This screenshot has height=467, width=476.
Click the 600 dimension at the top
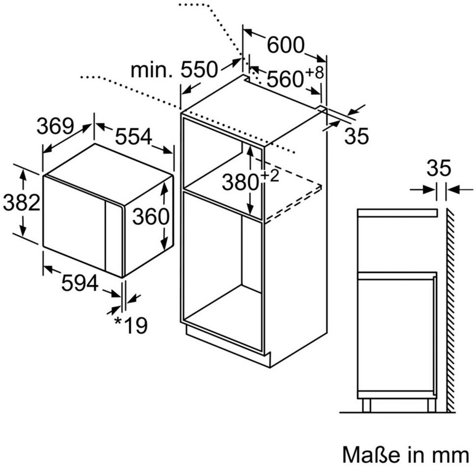pos(286,45)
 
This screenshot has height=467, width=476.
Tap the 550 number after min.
pos(199,70)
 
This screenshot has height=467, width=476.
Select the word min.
pos(151,70)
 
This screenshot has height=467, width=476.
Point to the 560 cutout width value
pos(285,79)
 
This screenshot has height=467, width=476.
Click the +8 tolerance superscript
pos(315,73)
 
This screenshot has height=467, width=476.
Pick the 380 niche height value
pos(240,183)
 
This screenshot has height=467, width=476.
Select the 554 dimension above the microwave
pos(133,137)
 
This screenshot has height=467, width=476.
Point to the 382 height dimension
pos(21,202)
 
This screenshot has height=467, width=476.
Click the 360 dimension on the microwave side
pos(150,217)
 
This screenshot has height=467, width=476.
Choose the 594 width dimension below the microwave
pos(80,283)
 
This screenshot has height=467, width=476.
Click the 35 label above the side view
pos(438,168)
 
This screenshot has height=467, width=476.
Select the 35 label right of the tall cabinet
pos(356,137)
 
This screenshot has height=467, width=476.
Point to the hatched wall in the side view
pos(450,309)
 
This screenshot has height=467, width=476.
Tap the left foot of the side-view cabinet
pos(366,405)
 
